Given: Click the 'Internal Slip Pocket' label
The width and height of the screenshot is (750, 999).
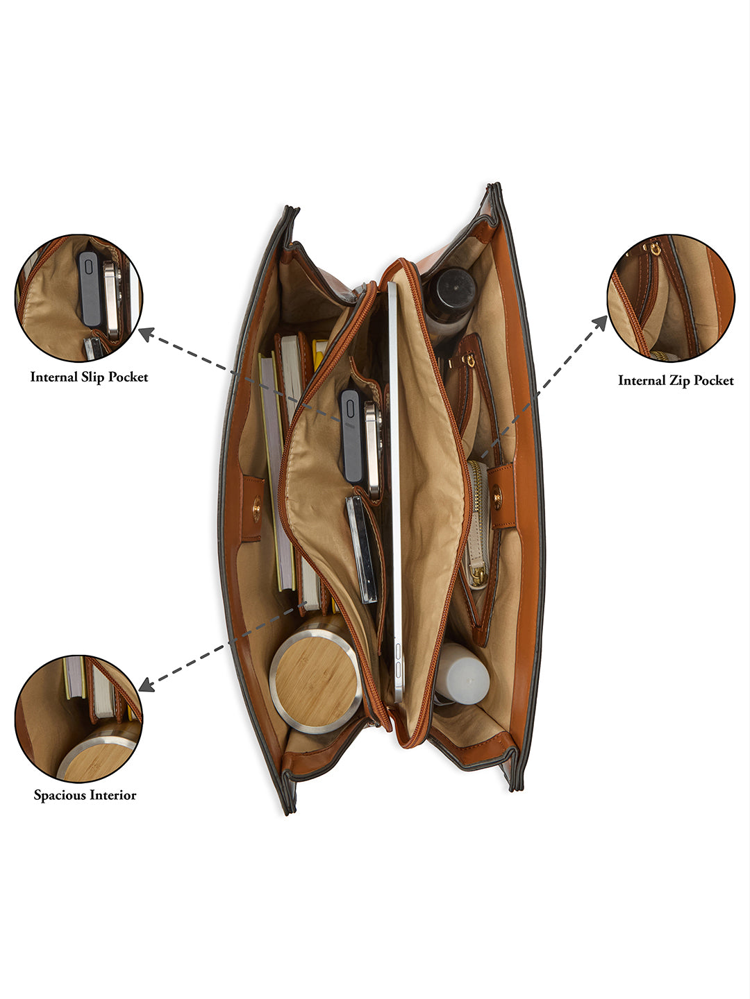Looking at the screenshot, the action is tap(90, 377).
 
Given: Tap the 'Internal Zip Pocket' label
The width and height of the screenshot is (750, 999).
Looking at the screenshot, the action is tap(676, 380).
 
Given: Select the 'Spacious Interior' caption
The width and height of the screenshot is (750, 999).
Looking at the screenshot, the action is tap(85, 795).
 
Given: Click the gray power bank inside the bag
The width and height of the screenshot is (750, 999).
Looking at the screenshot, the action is tap(351, 436).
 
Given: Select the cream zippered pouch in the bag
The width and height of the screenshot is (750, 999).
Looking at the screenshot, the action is tap(478, 524).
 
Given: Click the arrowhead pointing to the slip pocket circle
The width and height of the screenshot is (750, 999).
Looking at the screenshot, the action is tap(146, 334).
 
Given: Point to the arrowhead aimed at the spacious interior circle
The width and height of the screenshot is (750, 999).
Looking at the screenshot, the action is tap(146, 685).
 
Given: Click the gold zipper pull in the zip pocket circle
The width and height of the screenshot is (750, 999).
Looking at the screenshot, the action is tap(655, 249).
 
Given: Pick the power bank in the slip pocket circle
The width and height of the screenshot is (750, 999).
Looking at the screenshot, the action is tap(90, 289).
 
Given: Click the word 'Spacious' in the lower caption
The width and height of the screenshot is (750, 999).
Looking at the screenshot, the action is tap(60, 795).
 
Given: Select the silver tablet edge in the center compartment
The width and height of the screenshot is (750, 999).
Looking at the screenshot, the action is tap(394, 492).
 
